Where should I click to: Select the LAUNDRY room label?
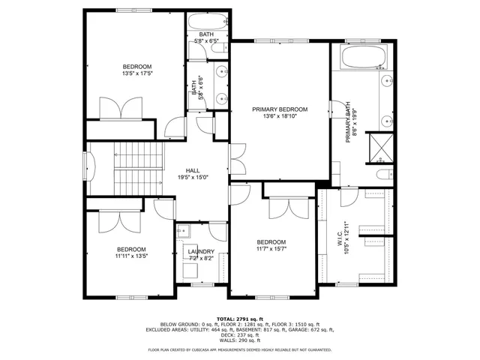pos(201,251)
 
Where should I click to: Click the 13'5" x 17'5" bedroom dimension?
pos(137,73)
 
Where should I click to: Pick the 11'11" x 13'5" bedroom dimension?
pos(130,256)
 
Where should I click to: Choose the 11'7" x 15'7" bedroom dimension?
pos(271,249)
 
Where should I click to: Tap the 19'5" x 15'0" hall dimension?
pos(193,178)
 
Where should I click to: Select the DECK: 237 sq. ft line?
pos(239,334)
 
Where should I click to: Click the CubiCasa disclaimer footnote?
pos(239,349)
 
